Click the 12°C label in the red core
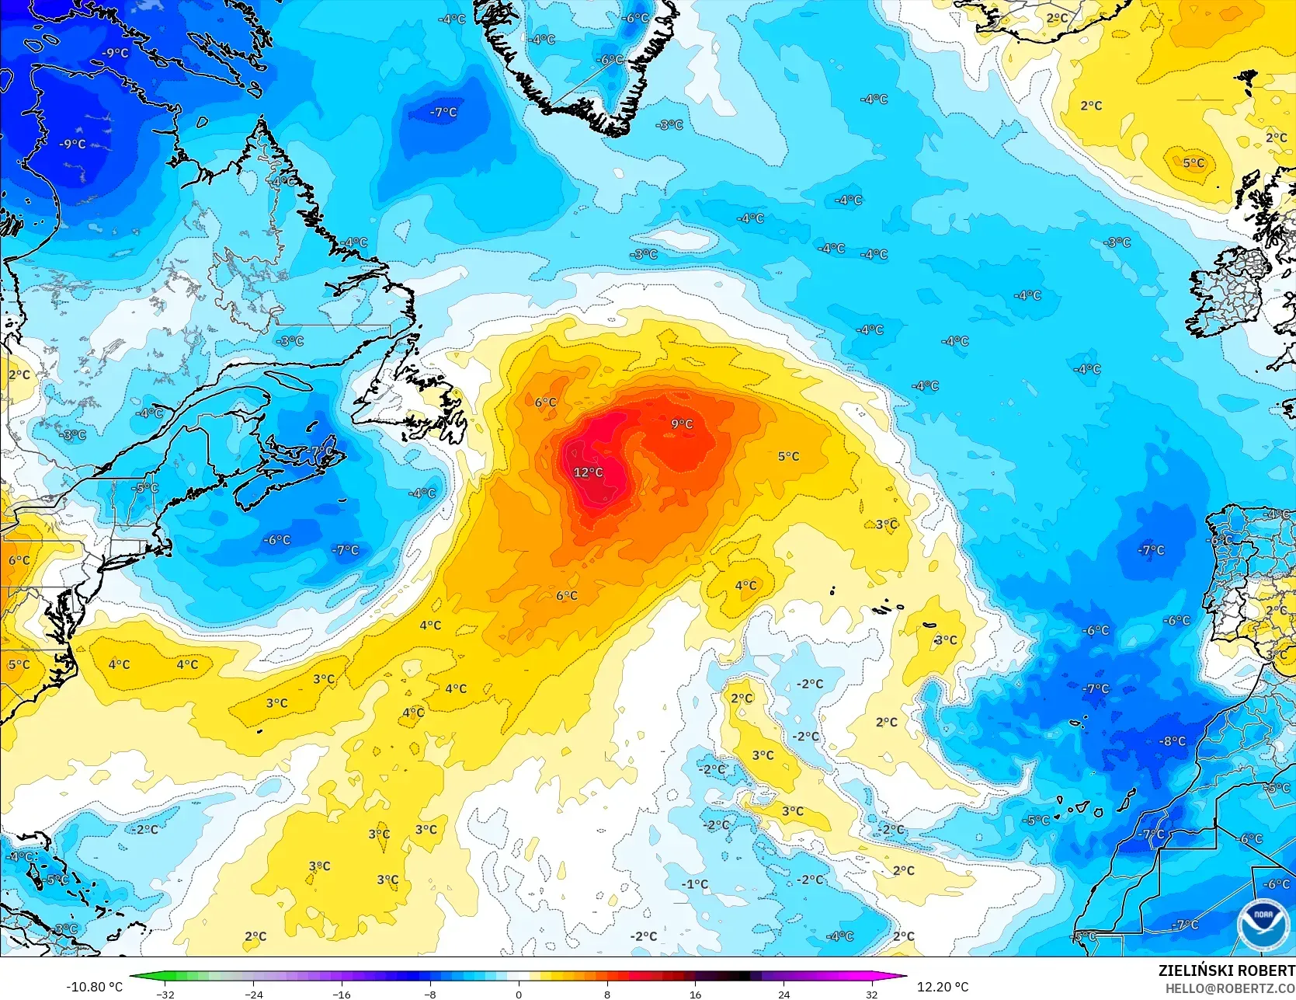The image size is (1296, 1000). point(588,472)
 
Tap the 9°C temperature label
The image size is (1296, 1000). point(682,423)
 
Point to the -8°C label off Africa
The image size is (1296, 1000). point(1173,741)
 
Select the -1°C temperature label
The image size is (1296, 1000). point(695,884)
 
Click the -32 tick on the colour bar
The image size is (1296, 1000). point(165,994)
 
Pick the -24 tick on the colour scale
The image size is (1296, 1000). point(253,994)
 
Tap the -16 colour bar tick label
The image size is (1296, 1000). point(342,994)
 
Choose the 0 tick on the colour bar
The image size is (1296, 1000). point(519,994)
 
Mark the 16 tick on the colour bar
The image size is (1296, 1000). point(695,994)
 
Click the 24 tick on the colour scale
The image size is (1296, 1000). point(784,994)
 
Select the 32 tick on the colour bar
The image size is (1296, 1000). point(872,994)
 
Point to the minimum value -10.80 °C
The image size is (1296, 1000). point(95,987)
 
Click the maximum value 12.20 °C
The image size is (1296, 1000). point(943,987)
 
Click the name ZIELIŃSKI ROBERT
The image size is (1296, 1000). point(1226,970)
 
